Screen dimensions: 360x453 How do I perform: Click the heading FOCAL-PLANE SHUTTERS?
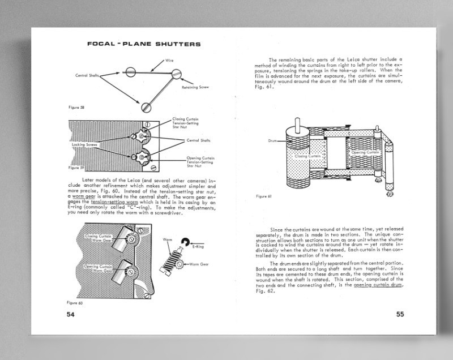(140, 44)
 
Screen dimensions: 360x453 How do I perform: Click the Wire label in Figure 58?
(169, 61)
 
